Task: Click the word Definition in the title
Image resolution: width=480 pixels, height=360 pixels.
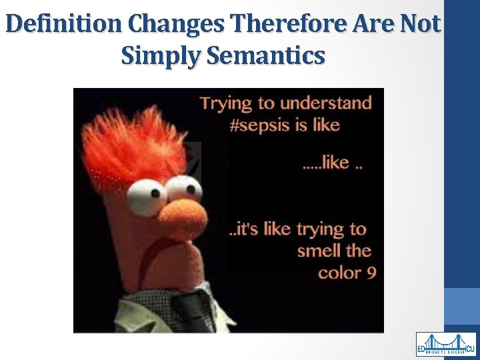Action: (64, 25)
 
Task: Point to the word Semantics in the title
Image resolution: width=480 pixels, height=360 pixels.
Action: (267, 55)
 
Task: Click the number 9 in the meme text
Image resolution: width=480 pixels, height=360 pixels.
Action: (371, 273)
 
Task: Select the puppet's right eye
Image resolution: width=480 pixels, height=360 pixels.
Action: (181, 188)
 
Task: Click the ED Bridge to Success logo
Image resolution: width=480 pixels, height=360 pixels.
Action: (446, 344)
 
